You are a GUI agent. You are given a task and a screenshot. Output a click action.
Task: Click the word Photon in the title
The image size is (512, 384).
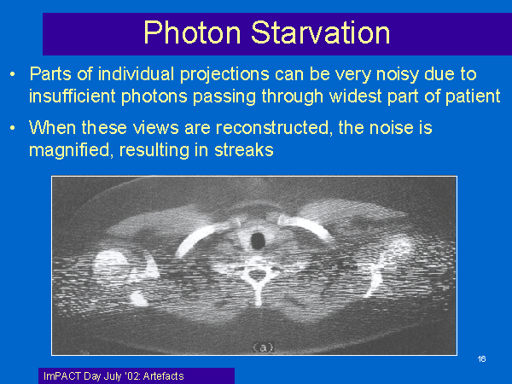(x=192, y=32)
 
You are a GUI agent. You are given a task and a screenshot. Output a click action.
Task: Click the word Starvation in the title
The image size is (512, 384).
(x=321, y=32)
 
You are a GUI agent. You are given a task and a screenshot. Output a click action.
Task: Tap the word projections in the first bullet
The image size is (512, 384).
(x=224, y=75)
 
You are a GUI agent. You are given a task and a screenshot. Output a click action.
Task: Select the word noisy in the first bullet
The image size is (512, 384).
(x=398, y=75)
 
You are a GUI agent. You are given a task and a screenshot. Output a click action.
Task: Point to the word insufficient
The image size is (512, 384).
(x=73, y=96)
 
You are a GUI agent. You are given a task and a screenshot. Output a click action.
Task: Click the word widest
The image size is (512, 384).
(x=356, y=96)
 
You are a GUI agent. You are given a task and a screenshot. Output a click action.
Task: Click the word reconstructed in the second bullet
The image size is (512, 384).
(x=272, y=127)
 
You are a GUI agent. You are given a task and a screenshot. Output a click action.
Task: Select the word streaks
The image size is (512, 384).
(x=243, y=150)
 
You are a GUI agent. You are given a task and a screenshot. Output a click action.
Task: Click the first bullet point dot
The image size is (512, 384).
(x=13, y=74)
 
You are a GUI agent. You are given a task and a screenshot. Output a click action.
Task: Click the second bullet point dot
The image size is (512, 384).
(x=13, y=128)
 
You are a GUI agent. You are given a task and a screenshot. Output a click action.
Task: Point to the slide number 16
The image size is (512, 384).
(x=481, y=359)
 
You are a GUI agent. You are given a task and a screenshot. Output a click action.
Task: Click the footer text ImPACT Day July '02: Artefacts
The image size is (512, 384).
(x=113, y=376)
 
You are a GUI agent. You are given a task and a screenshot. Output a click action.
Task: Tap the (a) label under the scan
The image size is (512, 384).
(x=263, y=348)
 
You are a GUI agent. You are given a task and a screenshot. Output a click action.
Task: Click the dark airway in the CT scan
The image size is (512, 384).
(x=258, y=241)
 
